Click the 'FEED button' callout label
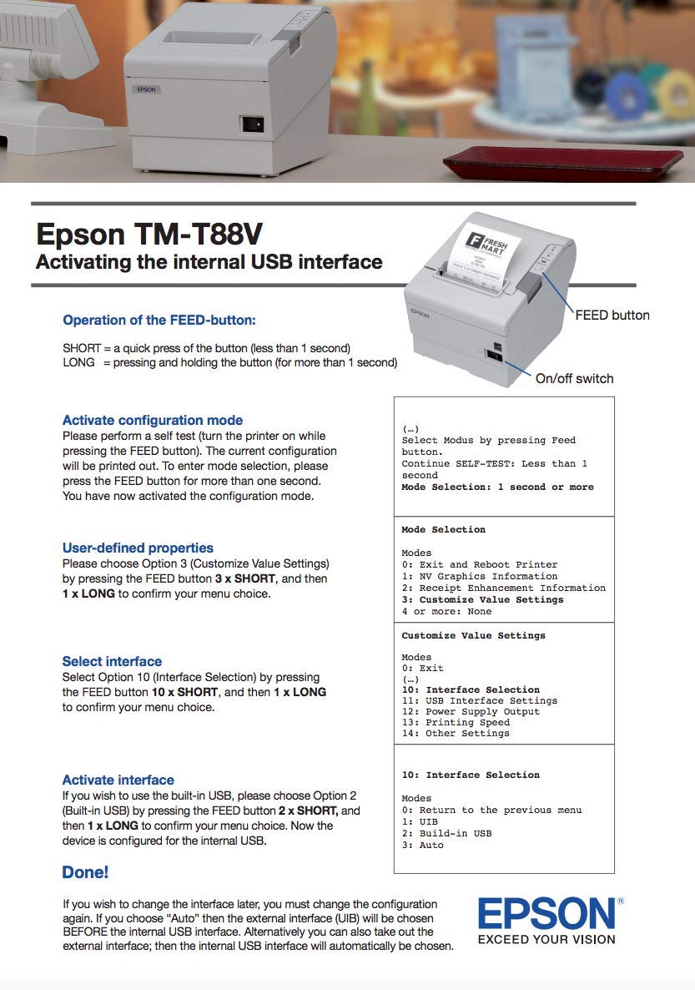pos(612,315)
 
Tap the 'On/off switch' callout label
pos(574,378)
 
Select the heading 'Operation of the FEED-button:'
pos(159,320)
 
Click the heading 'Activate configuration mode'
pos(153,420)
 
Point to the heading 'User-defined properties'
pos(138,548)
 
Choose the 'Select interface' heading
pos(112,661)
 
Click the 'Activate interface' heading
pos(118,780)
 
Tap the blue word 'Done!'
pos(85,872)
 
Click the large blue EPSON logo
pos(546,914)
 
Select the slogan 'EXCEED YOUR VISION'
pos(546,939)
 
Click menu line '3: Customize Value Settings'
pos(482,599)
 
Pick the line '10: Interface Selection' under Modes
pos(471,689)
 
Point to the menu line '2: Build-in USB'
pos(446,833)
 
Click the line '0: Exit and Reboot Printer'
pos(479,564)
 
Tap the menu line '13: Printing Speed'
pos(456,722)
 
